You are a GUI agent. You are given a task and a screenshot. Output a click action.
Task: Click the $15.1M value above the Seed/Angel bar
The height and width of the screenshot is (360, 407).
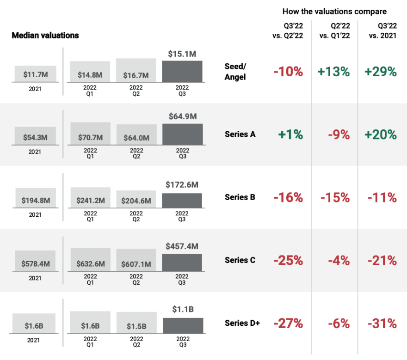(182, 55)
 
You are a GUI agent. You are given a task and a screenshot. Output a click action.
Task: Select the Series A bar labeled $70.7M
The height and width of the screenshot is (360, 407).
(90, 134)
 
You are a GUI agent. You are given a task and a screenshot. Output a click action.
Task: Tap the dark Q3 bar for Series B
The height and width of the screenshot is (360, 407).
(182, 200)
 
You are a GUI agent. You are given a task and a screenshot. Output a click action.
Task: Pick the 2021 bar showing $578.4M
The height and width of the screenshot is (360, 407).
(35, 261)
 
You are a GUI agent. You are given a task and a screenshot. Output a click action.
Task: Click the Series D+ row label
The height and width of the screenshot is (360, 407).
(242, 323)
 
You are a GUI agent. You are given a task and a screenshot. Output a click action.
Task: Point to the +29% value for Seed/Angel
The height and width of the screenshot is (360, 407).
(380, 72)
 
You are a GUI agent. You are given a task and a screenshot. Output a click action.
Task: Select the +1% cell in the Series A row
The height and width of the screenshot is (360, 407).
(290, 134)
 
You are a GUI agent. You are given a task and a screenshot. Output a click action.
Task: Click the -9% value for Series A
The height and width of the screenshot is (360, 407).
(339, 134)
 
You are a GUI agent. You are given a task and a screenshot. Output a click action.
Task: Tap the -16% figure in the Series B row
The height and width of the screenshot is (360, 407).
(288, 197)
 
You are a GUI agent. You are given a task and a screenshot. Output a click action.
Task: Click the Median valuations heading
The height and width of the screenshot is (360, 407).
(45, 36)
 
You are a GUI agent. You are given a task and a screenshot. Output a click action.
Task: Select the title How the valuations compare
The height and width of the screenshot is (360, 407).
(334, 12)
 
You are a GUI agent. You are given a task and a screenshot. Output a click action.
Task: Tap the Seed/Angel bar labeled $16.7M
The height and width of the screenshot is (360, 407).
(136, 70)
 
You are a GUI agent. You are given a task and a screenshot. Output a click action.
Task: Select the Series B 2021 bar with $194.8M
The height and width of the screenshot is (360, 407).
(35, 198)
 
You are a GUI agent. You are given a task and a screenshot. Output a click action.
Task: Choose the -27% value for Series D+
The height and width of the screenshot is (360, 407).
(288, 323)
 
